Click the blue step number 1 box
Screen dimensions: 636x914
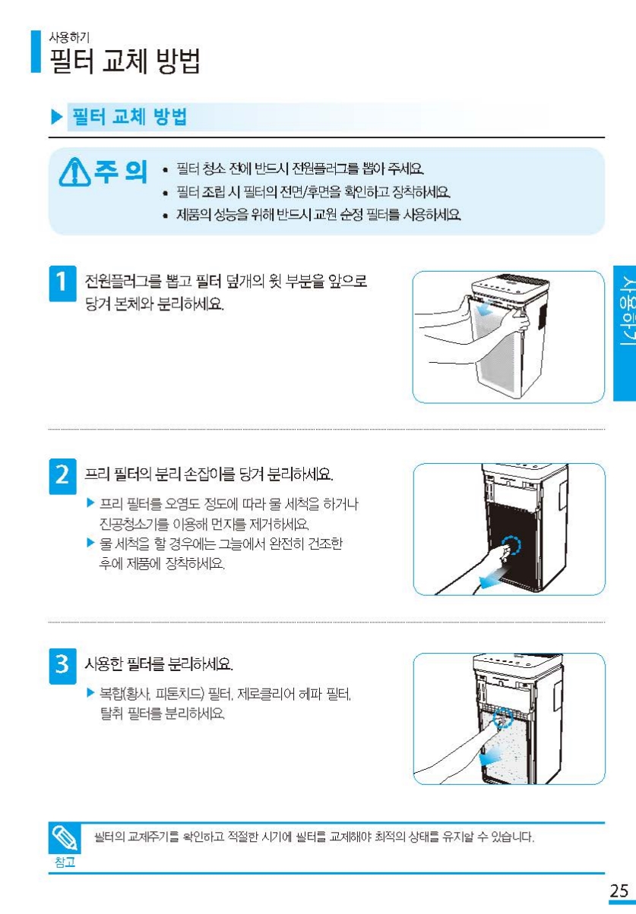pyautogui.click(x=62, y=283)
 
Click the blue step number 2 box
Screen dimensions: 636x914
pyautogui.click(x=62, y=476)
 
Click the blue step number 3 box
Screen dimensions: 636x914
pyautogui.click(x=62, y=666)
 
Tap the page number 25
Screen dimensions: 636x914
pyautogui.click(x=619, y=891)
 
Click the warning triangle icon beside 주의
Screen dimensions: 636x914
pyautogui.click(x=74, y=172)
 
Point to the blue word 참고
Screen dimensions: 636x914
pyautogui.click(x=65, y=862)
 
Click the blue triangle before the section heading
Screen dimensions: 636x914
pyautogui.click(x=57, y=117)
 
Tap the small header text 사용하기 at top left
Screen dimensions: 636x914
pyautogui.click(x=69, y=37)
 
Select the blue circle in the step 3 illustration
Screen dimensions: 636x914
pyautogui.click(x=503, y=717)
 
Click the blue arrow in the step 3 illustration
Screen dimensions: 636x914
pyautogui.click(x=490, y=757)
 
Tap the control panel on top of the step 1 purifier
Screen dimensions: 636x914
pyautogui.click(x=511, y=285)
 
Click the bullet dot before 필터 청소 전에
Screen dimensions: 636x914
pyautogui.click(x=166, y=170)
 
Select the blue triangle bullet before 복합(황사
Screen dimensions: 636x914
pyautogui.click(x=90, y=693)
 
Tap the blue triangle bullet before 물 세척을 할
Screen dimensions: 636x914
pyautogui.click(x=90, y=543)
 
